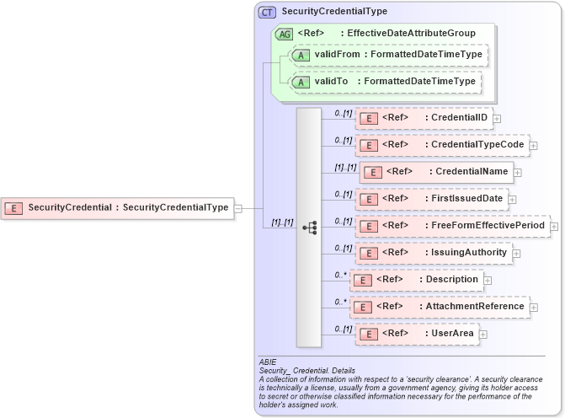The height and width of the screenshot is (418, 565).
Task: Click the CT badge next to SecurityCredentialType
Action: click(268, 12)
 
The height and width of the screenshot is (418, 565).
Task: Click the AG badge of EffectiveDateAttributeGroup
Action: click(284, 34)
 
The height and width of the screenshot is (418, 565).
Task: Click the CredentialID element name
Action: click(458, 117)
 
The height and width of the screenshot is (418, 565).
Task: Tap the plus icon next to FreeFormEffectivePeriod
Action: click(554, 226)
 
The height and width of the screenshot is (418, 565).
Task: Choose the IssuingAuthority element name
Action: click(468, 252)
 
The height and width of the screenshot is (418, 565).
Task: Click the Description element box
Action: click(417, 279)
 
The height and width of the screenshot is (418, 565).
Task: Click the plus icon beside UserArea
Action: click(482, 334)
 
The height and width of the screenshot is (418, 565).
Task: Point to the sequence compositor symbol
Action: click(309, 228)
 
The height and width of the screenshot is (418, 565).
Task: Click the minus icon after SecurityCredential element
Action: click(238, 207)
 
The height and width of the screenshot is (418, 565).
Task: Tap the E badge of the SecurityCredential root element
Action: click(13, 207)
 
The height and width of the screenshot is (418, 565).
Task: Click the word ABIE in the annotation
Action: click(269, 362)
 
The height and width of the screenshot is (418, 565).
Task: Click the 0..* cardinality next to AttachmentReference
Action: click(340, 301)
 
